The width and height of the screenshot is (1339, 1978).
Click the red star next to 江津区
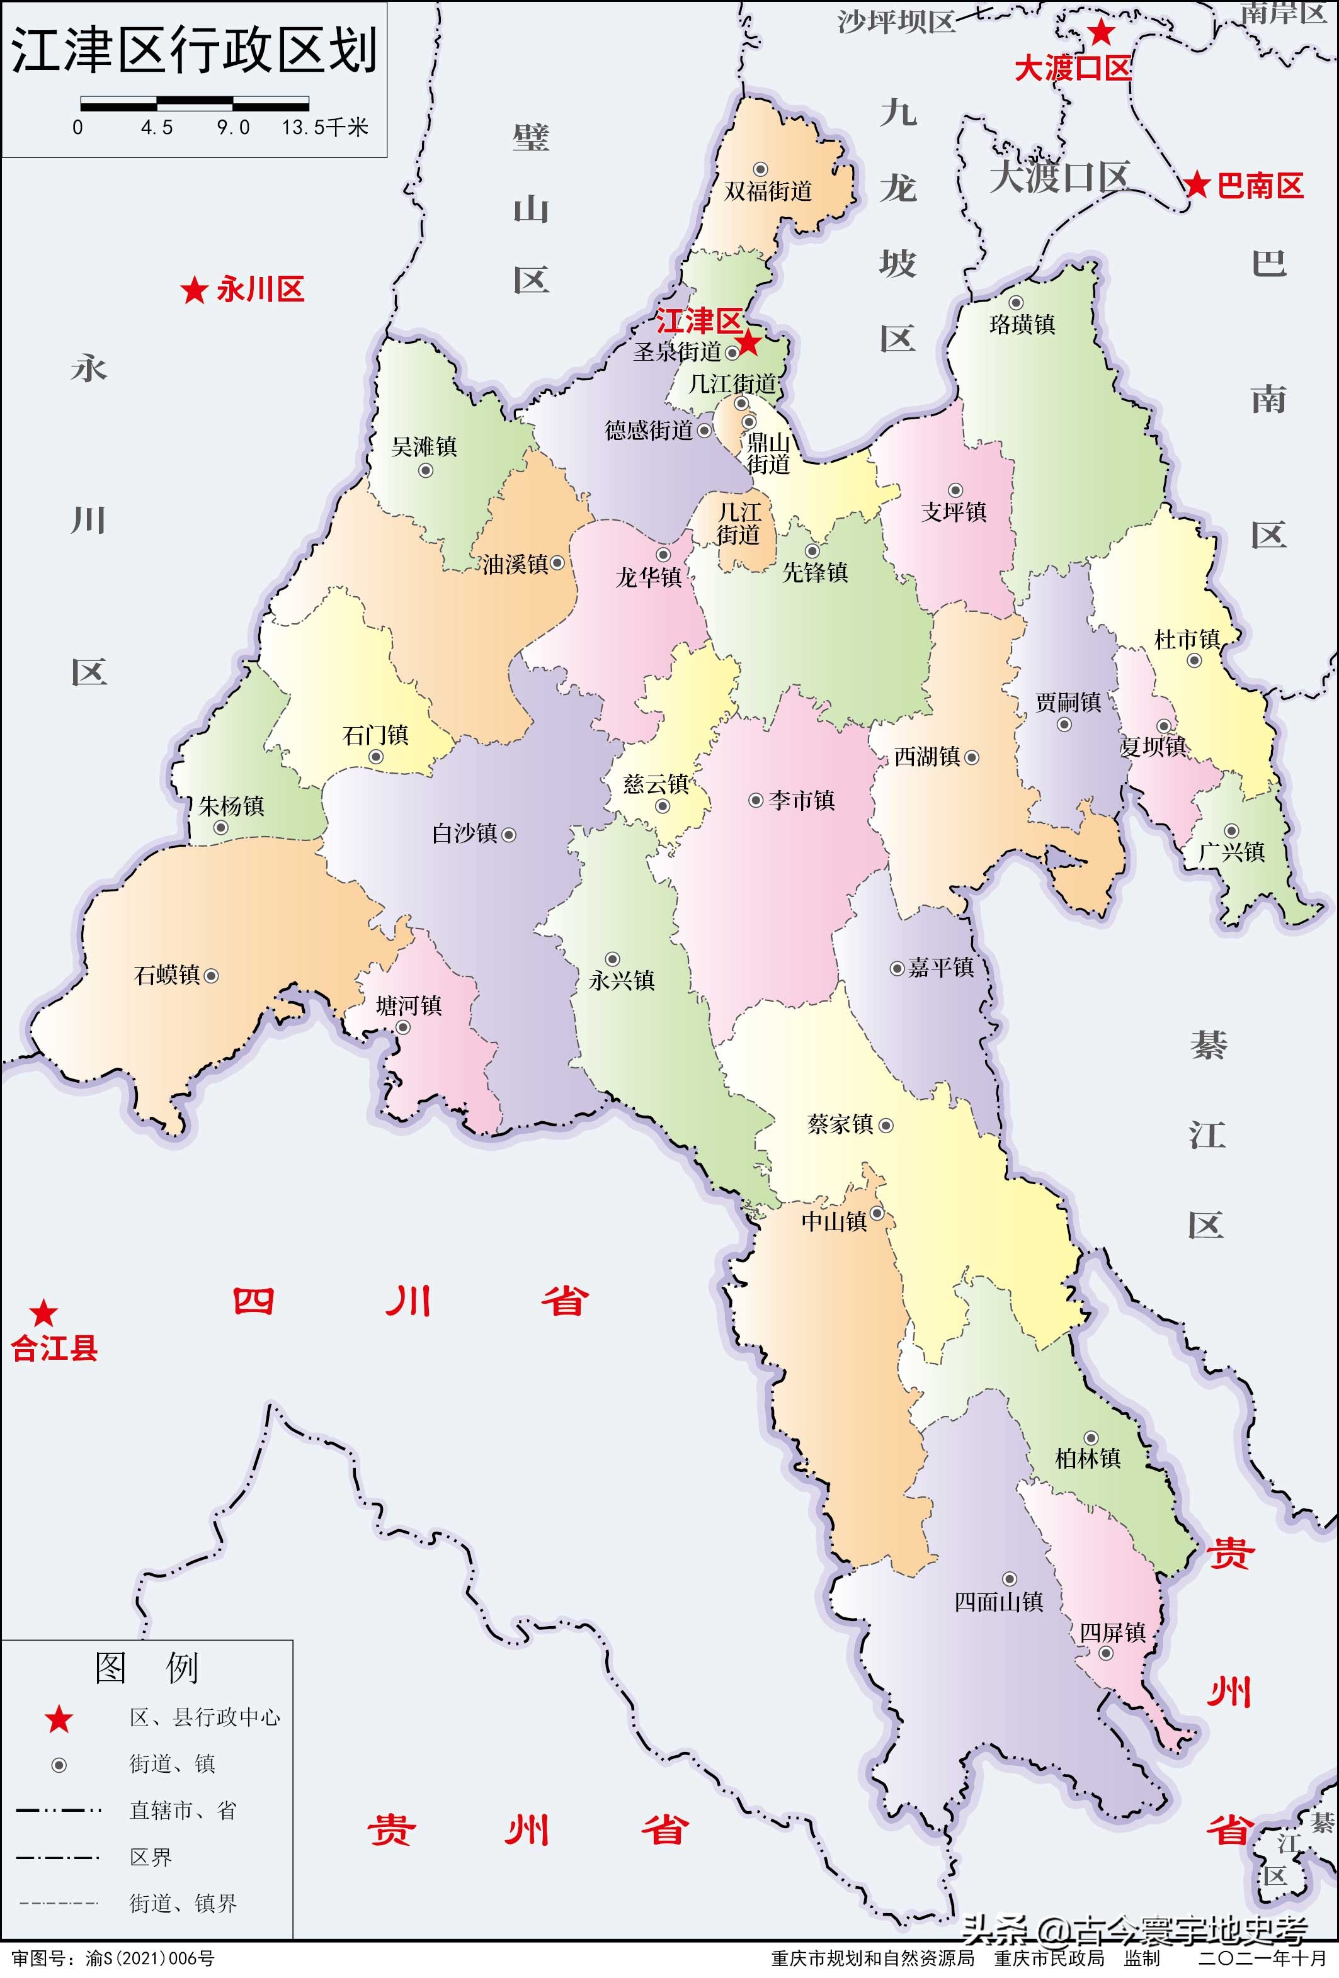(748, 343)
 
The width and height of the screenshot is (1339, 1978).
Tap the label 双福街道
(768, 191)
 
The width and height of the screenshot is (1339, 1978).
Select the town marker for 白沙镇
(509, 835)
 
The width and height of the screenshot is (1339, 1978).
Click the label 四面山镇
(998, 1602)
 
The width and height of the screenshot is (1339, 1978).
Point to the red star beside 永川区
(194, 290)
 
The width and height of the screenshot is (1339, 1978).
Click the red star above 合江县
(43, 1313)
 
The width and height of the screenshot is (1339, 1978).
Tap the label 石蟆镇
(167, 975)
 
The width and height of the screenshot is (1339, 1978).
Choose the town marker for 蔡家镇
(886, 1125)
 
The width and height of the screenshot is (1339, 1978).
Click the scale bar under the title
(194, 104)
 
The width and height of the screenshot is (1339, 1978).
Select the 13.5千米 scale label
(325, 128)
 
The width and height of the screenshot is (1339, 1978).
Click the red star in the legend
(59, 1719)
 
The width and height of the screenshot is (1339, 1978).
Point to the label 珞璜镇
(1022, 324)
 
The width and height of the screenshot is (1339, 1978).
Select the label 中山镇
(833, 1222)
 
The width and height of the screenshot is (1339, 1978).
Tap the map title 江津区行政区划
(194, 49)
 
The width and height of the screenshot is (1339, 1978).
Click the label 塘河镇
(409, 1006)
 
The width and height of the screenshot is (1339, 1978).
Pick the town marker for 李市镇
(755, 800)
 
